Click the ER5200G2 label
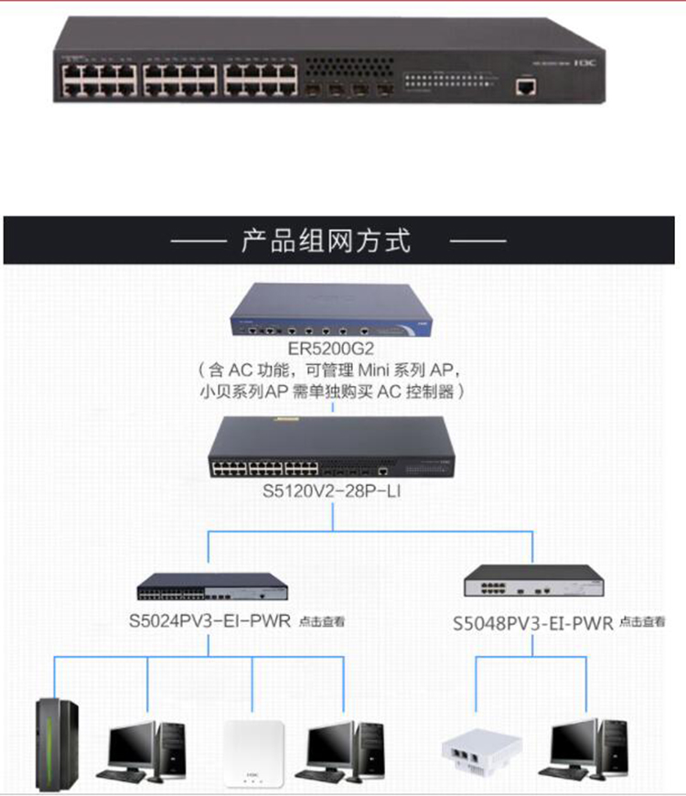click(331, 349)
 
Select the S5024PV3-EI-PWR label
click(209, 620)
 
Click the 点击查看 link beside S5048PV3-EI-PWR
click(642, 622)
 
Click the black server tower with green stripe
click(56, 742)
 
